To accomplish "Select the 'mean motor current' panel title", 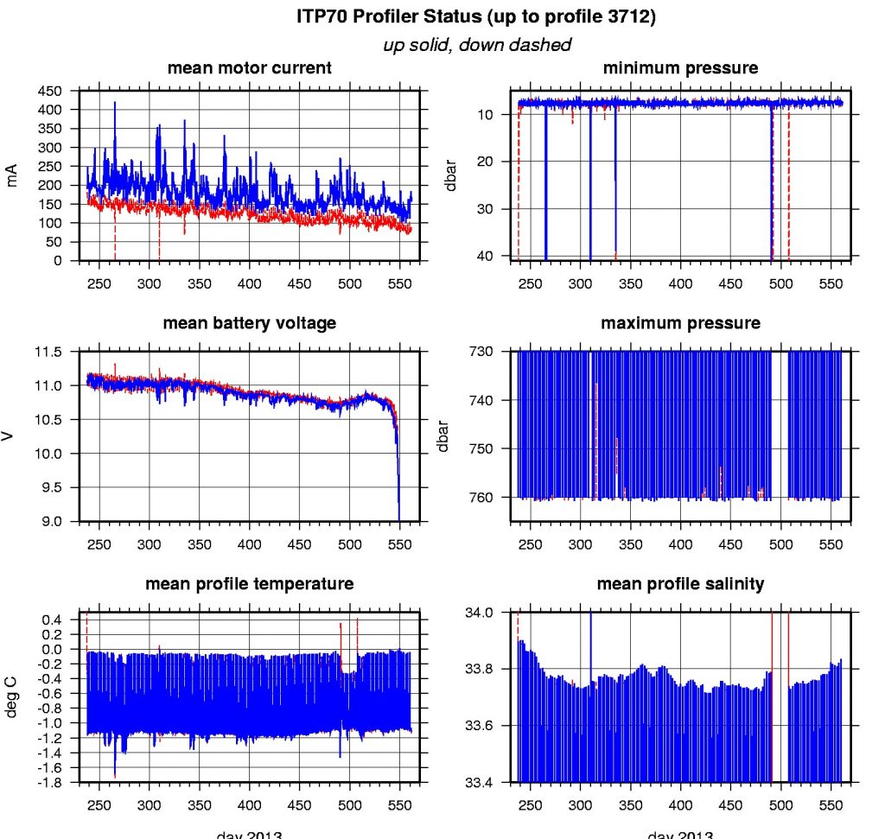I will coord(249,68).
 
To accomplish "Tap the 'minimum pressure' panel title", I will coord(680,68).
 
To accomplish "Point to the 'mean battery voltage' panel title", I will coord(249,323).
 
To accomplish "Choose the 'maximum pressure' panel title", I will coord(680,323).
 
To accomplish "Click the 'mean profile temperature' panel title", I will coord(249,584).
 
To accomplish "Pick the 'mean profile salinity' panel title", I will coord(680,584).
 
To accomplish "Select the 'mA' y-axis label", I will coord(12,177).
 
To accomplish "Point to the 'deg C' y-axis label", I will coord(12,698).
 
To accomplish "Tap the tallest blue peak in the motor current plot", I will coord(115,103).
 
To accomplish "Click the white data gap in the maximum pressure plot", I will coord(779,423).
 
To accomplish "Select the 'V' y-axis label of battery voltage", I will coord(12,436).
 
